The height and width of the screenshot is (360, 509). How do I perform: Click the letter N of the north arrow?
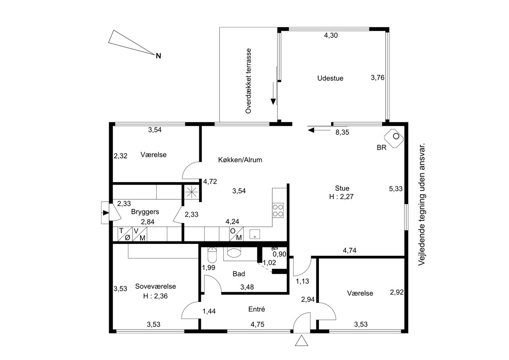tap(158, 56)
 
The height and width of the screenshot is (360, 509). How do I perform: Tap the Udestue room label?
tap(330, 78)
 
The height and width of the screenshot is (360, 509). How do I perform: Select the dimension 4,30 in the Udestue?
tap(331, 35)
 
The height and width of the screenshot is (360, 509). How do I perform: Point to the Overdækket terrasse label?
tap(249, 81)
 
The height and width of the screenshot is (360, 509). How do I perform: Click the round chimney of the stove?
tap(396, 136)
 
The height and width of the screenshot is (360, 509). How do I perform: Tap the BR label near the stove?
tap(381, 148)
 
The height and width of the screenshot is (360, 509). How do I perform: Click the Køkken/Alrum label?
tap(240, 160)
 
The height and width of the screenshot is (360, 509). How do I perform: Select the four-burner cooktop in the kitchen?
tap(278, 210)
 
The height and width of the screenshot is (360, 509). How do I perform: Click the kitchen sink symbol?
tap(255, 234)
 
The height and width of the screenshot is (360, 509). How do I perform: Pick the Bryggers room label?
tap(145, 212)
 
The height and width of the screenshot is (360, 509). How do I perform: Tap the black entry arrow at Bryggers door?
tap(106, 213)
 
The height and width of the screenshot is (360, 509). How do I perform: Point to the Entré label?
tap(256, 309)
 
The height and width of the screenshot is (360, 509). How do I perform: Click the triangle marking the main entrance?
tap(301, 341)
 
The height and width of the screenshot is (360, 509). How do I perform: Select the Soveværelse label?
tap(155, 286)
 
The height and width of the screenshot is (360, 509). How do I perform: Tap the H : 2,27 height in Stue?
tap(341, 197)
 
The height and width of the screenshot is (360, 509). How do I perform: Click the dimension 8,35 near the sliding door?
tap(342, 132)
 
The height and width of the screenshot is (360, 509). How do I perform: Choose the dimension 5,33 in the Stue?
tap(396, 189)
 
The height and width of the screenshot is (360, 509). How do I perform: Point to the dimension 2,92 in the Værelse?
tap(397, 292)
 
